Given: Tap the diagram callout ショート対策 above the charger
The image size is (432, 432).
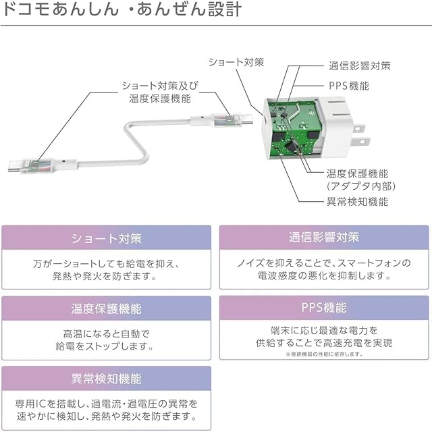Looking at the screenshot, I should [236, 62].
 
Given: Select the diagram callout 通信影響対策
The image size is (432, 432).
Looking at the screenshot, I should [359, 66].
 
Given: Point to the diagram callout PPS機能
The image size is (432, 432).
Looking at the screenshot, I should [349, 86].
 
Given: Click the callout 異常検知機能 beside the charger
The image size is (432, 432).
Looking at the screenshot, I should [357, 201].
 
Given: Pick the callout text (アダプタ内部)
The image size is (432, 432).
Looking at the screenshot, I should [360, 186].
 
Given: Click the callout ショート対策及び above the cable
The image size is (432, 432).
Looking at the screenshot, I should [160, 86].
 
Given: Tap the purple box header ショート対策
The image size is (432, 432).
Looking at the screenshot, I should [107, 238].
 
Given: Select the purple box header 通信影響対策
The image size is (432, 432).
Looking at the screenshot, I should [324, 238].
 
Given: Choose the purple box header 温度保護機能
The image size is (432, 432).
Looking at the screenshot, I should [107, 308].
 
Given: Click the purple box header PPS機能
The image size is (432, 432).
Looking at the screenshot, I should [324, 308].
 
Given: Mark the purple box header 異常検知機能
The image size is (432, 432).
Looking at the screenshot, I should [107, 379].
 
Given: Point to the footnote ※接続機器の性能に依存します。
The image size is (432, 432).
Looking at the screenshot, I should [324, 354].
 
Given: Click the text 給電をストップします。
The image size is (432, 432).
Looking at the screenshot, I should [107, 347].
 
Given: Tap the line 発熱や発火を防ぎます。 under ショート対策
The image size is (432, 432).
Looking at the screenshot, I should [107, 276].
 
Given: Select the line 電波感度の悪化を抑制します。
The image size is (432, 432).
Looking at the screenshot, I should [324, 276].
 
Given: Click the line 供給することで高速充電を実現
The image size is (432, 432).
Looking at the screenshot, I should [324, 343].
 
